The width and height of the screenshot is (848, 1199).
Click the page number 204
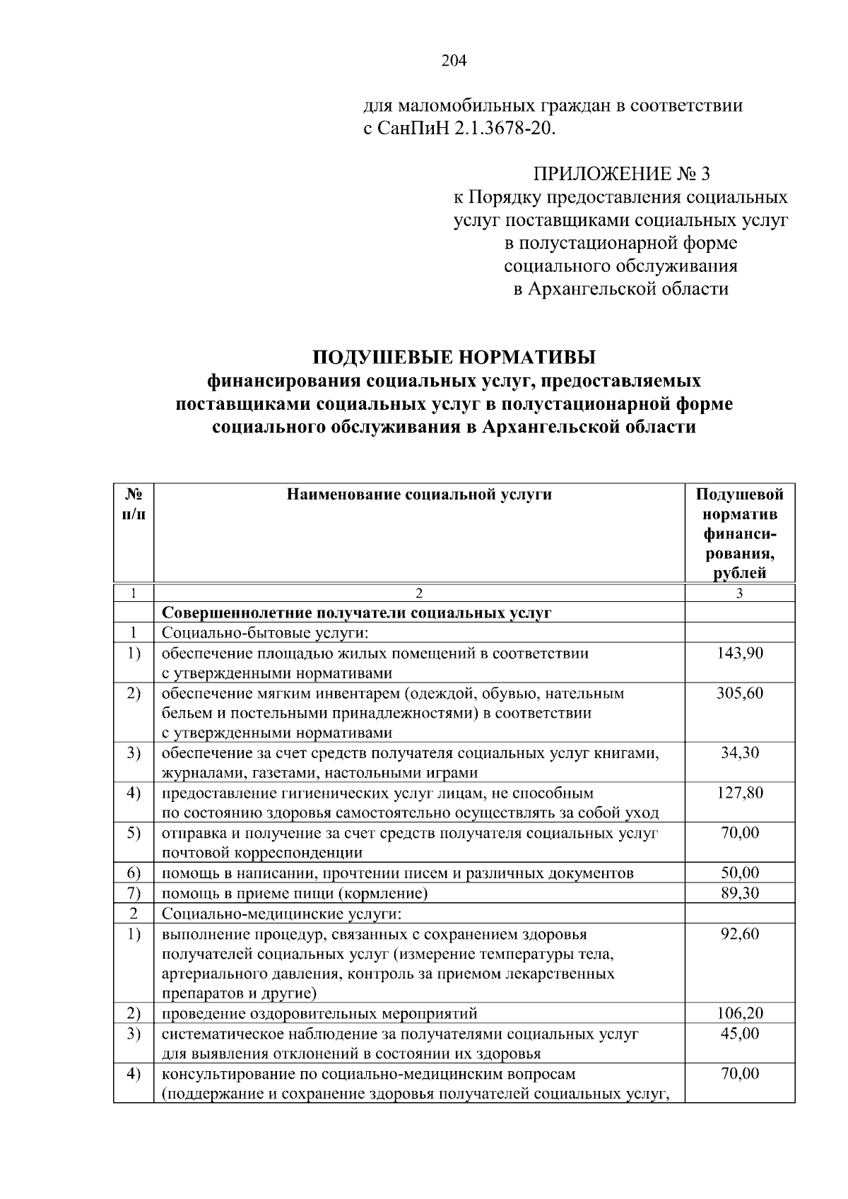(x=454, y=61)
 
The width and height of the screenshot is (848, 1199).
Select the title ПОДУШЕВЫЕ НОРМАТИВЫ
(x=454, y=356)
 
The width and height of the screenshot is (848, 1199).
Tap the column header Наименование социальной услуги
(x=419, y=495)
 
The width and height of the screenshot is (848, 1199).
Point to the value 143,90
(x=739, y=653)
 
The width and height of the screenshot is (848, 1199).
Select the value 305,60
(x=739, y=693)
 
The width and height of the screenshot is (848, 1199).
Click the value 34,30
(x=739, y=752)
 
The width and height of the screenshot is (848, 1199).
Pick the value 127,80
(x=739, y=793)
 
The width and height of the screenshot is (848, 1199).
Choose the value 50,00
(x=739, y=873)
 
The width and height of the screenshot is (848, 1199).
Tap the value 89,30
(x=739, y=893)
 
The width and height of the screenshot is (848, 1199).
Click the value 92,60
(x=739, y=934)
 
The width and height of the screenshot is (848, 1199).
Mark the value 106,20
(x=739, y=1013)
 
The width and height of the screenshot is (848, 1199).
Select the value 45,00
(x=739, y=1034)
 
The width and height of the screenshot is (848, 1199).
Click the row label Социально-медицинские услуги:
(x=281, y=914)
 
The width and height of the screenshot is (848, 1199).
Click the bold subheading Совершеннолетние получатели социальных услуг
(x=356, y=613)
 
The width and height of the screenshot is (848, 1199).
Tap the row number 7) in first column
(x=134, y=893)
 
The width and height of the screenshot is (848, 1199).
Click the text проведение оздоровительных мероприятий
(x=319, y=1014)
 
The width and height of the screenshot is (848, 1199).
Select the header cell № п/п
(x=134, y=504)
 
